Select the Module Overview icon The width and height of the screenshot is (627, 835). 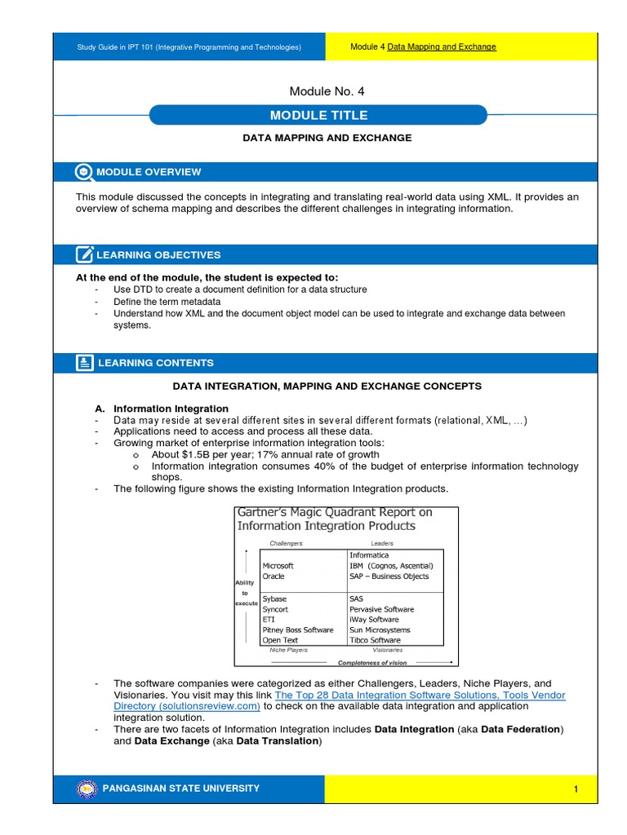pos(84,172)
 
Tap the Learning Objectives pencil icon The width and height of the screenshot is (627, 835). pos(84,255)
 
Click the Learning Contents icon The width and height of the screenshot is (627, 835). pos(84,363)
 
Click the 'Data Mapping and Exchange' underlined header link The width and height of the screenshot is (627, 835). pos(442,47)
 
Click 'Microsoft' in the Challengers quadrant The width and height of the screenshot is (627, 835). pos(278,566)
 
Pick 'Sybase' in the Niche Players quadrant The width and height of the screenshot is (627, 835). pos(274,599)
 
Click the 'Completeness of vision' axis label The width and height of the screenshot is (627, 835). pos(373,663)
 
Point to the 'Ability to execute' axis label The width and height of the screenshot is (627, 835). pos(245,593)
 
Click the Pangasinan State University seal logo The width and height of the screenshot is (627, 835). pos(86,789)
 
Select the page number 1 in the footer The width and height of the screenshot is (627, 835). pos(575,789)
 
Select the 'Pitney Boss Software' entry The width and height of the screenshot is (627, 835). pos(298,630)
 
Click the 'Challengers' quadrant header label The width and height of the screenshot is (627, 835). pos(286,543)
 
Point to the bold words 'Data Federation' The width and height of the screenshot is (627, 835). pos(521,729)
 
